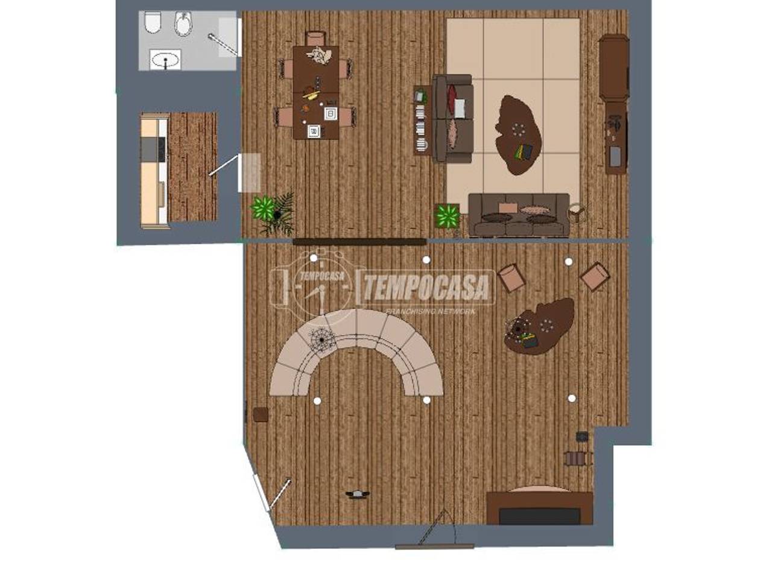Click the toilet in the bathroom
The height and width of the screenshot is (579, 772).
point(153,22)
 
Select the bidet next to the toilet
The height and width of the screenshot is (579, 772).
point(183,24)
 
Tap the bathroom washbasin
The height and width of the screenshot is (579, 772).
point(165,60)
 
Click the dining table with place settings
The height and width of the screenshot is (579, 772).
point(316,92)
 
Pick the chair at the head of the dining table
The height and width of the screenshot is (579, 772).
point(316,38)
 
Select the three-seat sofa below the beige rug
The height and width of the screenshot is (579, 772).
point(519,215)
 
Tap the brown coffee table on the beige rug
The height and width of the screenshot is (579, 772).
point(519,135)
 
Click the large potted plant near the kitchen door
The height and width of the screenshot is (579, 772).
point(273,213)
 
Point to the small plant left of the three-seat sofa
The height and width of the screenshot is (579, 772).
point(448,215)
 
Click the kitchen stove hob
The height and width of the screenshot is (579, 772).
point(153,149)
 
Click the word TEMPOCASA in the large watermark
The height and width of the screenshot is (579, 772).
point(426,286)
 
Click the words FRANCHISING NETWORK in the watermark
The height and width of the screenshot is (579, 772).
point(431,311)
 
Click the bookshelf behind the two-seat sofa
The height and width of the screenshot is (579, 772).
point(421,119)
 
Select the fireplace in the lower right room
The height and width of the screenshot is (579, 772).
point(540,507)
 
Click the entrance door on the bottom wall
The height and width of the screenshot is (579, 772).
point(435,546)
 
